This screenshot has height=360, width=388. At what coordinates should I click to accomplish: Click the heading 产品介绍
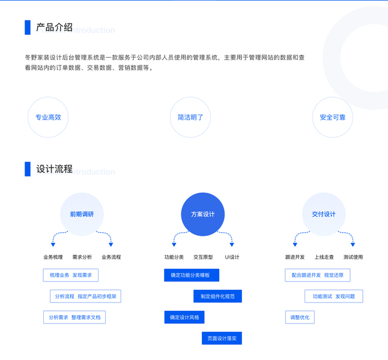point(54,27)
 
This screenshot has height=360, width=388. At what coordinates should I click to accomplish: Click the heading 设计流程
point(54,169)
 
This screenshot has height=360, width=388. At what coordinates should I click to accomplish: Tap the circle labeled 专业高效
point(48,118)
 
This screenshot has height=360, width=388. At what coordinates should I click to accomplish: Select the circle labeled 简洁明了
point(190,118)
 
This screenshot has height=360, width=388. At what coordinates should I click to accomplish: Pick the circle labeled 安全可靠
point(333,118)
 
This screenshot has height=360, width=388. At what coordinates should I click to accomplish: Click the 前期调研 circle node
point(82,214)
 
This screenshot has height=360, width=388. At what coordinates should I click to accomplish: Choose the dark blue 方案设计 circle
point(202,214)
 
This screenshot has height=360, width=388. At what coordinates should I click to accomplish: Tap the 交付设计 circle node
point(324,214)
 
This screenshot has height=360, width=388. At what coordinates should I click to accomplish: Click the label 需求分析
point(82,257)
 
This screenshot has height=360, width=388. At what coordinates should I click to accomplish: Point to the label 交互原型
point(202,257)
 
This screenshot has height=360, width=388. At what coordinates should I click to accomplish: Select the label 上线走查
point(324,257)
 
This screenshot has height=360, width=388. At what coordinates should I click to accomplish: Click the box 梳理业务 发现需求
point(70,275)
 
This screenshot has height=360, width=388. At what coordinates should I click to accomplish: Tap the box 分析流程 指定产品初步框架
point(85,296)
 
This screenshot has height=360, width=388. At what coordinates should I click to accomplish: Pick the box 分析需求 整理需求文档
point(74,317)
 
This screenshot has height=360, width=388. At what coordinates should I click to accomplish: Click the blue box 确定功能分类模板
point(191,275)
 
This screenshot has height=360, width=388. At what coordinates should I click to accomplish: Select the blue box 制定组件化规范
point(217,296)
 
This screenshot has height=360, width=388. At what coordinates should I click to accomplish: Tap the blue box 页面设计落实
point(222,338)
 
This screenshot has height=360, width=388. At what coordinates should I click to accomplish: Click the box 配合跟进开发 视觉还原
point(317,275)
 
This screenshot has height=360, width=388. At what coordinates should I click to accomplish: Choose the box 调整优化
point(299,317)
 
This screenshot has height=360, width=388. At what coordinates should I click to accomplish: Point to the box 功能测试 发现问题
point(333,296)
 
